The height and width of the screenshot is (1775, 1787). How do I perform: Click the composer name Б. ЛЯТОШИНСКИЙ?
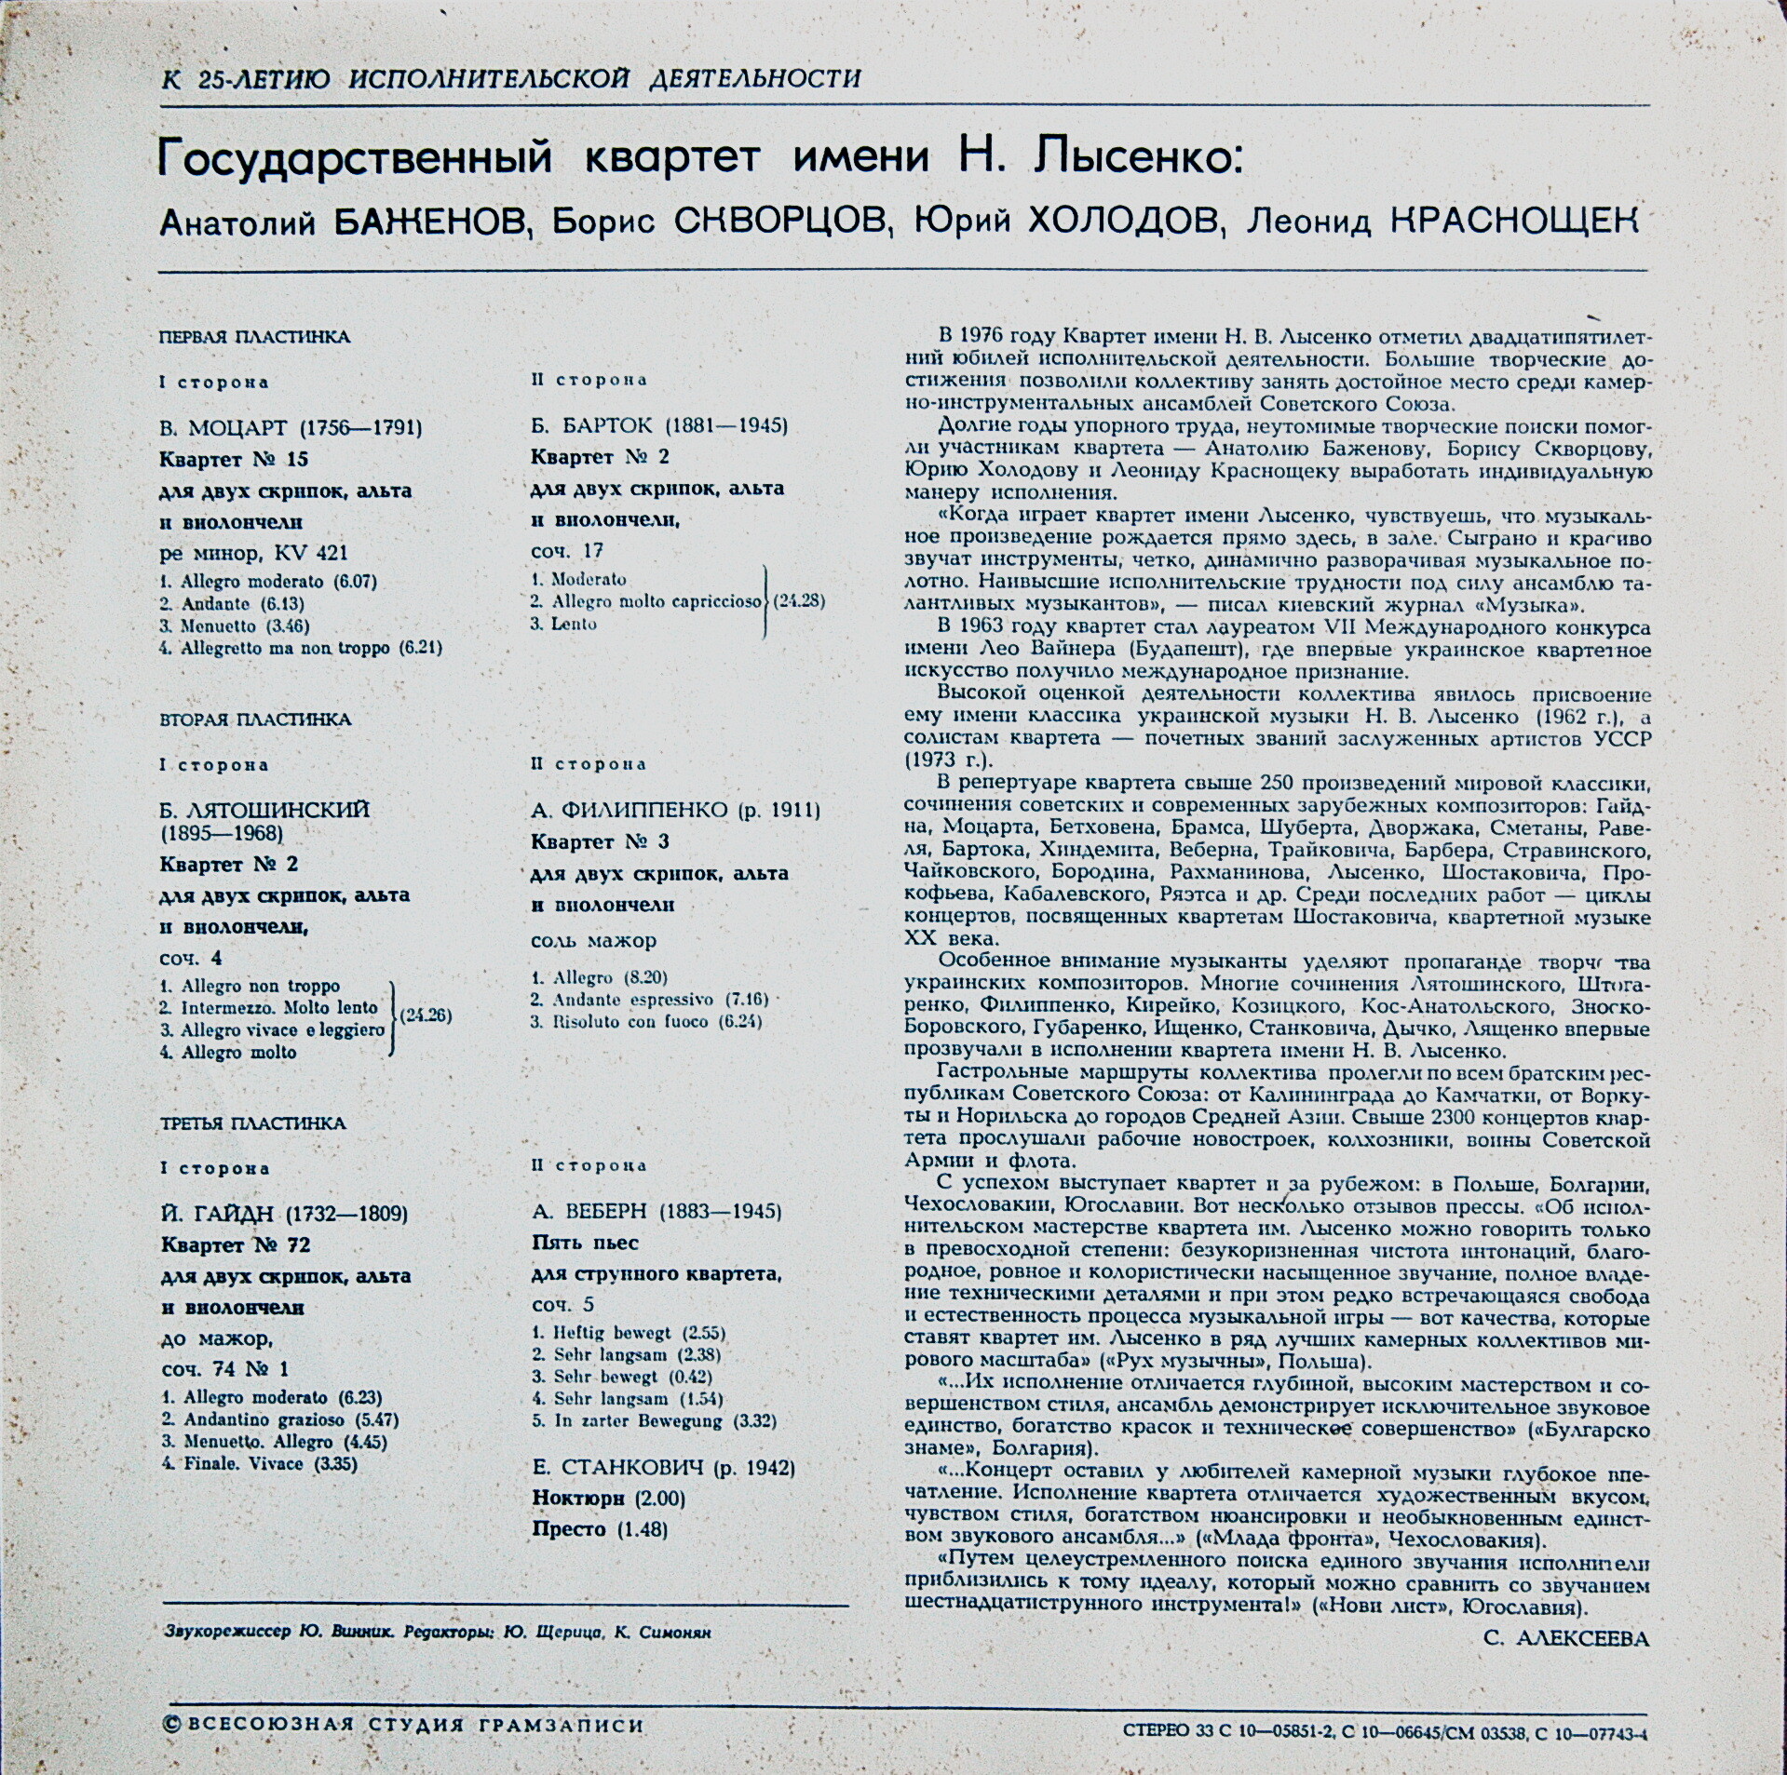coord(264,811)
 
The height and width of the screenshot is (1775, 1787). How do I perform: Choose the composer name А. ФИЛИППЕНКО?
coord(630,811)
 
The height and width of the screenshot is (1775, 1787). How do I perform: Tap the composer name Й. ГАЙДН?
coord(219,1214)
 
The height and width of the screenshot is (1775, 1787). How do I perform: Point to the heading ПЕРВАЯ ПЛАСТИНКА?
coord(254,337)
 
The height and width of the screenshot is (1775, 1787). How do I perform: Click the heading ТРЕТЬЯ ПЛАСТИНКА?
coord(252,1123)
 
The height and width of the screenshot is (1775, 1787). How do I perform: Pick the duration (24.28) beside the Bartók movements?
coord(798,601)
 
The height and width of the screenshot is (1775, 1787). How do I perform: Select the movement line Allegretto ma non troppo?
coord(300,648)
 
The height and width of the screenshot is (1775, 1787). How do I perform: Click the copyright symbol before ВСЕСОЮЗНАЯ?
coord(169,1725)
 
